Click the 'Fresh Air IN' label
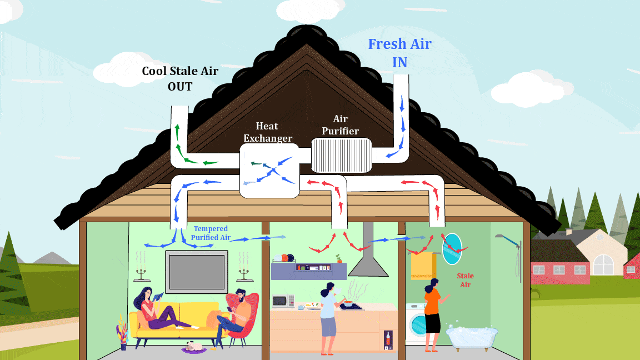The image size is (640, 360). coord(400,53)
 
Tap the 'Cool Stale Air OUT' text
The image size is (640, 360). coord(180,78)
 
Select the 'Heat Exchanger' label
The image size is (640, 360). coord(267,132)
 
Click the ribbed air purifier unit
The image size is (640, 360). coord(341,155)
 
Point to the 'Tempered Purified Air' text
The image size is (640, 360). coord(211,233)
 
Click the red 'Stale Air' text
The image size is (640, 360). coord(465,280)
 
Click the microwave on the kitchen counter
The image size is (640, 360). coord(283,301)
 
